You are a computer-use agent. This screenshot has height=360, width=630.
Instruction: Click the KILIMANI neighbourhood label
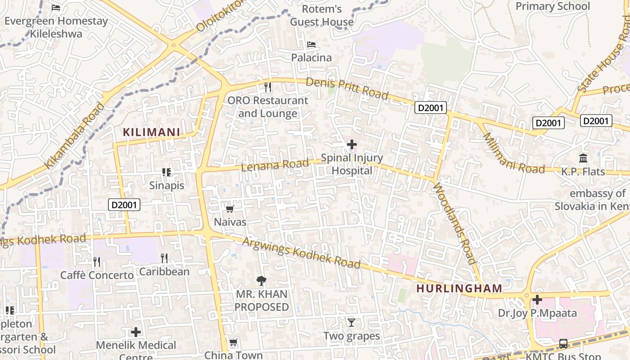point(152,132)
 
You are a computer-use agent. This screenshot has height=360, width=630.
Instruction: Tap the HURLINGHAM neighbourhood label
point(459,288)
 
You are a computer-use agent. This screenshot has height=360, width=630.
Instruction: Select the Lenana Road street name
point(275,165)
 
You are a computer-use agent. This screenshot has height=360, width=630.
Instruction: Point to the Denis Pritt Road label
point(347,88)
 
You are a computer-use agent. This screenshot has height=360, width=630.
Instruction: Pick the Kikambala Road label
point(75,136)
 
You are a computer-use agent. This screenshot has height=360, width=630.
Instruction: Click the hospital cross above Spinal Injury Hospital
point(352,144)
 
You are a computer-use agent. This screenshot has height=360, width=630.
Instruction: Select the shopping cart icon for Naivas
point(230,209)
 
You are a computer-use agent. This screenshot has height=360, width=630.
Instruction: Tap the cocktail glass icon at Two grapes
point(351,322)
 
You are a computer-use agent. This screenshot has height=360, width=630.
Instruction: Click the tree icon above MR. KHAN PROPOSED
point(261,281)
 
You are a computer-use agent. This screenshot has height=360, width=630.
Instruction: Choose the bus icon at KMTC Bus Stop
point(563,344)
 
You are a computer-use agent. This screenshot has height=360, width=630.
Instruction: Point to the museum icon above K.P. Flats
point(583,158)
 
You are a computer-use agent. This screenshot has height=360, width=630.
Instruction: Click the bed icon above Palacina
point(311,45)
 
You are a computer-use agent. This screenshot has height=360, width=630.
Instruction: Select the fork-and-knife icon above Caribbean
point(164,258)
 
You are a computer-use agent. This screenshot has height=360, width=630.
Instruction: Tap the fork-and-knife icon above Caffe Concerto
point(97,262)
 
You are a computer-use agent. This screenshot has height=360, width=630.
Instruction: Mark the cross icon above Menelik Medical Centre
point(136,332)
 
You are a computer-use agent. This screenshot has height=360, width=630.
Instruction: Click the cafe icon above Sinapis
point(166,172)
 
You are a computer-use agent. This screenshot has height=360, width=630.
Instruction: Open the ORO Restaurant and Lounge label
point(267,107)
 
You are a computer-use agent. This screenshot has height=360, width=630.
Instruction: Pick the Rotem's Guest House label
point(322,15)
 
